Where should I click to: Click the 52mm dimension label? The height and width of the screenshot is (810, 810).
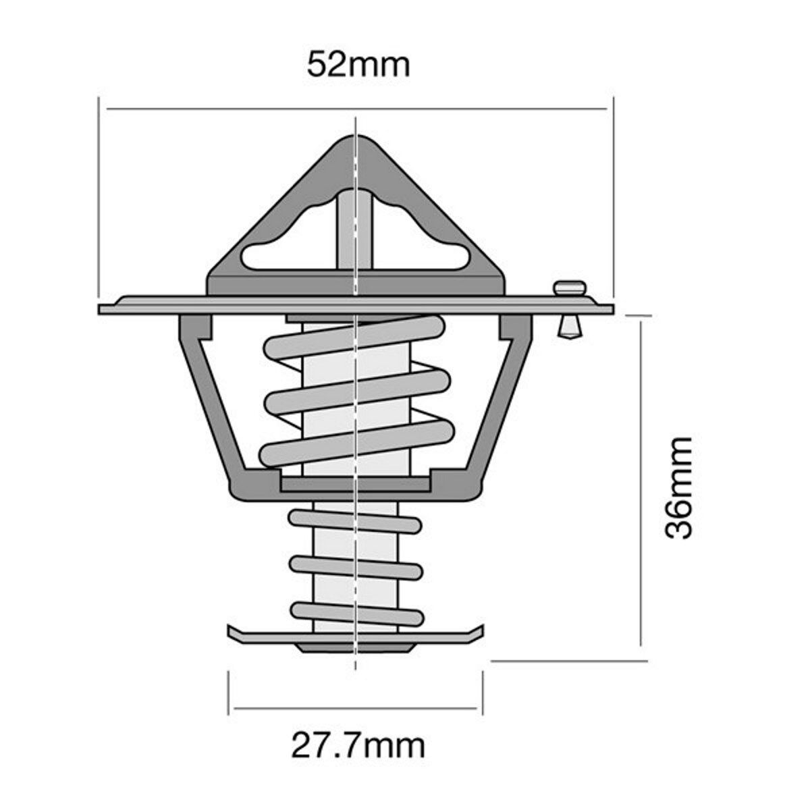point(358,65)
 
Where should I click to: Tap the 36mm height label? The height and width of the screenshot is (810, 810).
point(678,487)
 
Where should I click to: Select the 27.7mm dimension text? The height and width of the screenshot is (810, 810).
point(358,746)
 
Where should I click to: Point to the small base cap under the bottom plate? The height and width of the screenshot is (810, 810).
point(356,649)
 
